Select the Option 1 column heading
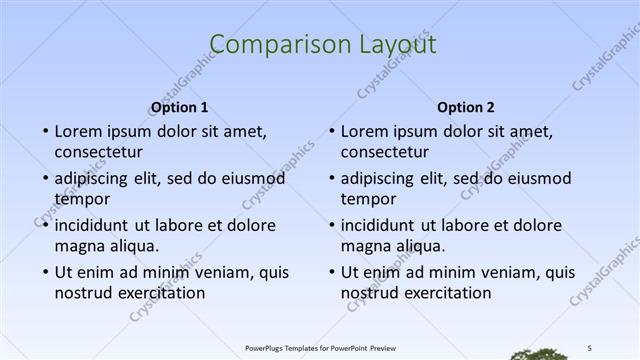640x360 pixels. [179, 108]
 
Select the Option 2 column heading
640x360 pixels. [466, 108]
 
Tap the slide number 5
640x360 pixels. [590, 346]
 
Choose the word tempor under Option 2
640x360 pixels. [369, 199]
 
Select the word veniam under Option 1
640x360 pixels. [207, 272]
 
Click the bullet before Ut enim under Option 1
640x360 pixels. [44, 272]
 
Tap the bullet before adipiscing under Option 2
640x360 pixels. [330, 178]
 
